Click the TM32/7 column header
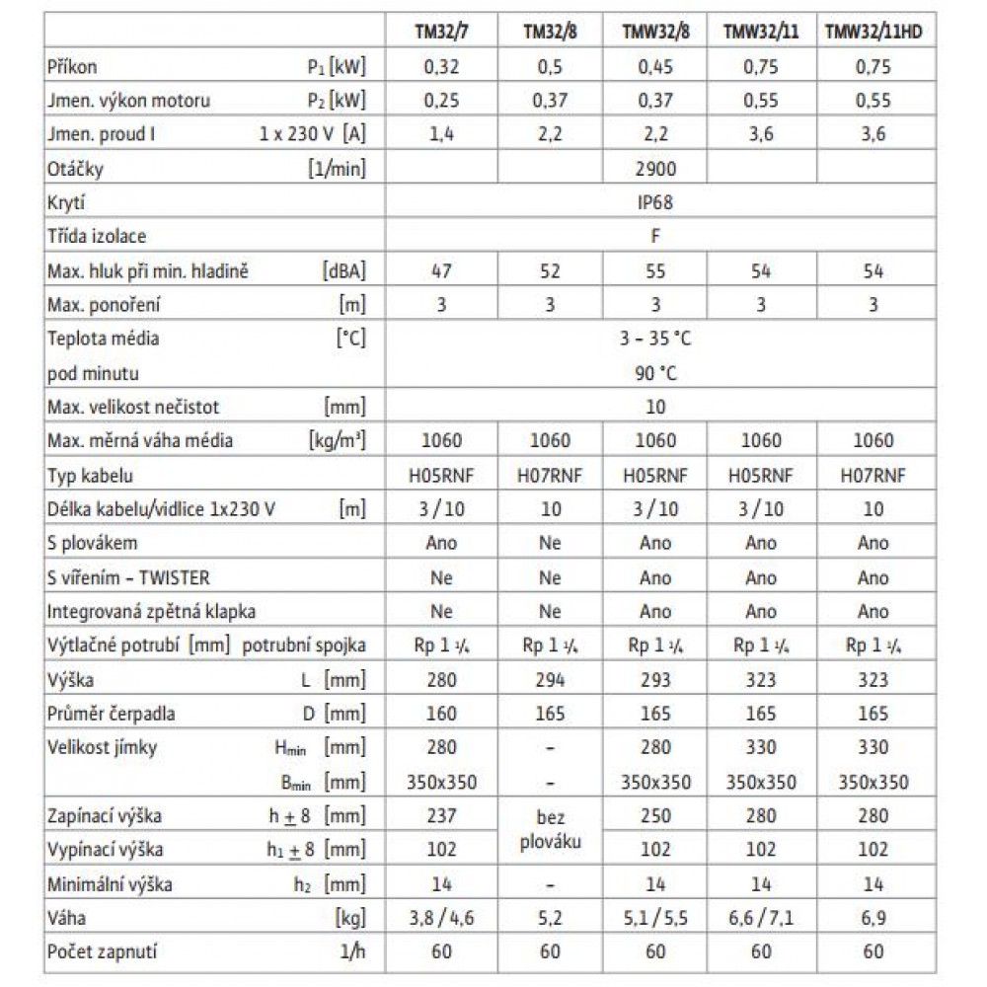click(441, 31)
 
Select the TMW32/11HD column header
click(873, 31)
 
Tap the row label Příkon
click(72, 67)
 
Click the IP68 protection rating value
click(655, 203)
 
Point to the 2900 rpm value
click(655, 169)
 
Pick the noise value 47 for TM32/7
click(441, 271)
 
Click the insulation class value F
click(655, 237)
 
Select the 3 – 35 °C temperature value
click(655, 339)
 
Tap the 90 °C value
click(655, 373)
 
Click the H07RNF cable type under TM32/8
click(550, 475)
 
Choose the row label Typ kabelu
click(90, 475)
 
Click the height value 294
click(550, 680)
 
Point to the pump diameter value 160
click(441, 714)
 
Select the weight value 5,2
click(550, 919)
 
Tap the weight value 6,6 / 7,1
click(760, 919)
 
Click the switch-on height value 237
click(441, 816)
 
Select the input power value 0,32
click(441, 67)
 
